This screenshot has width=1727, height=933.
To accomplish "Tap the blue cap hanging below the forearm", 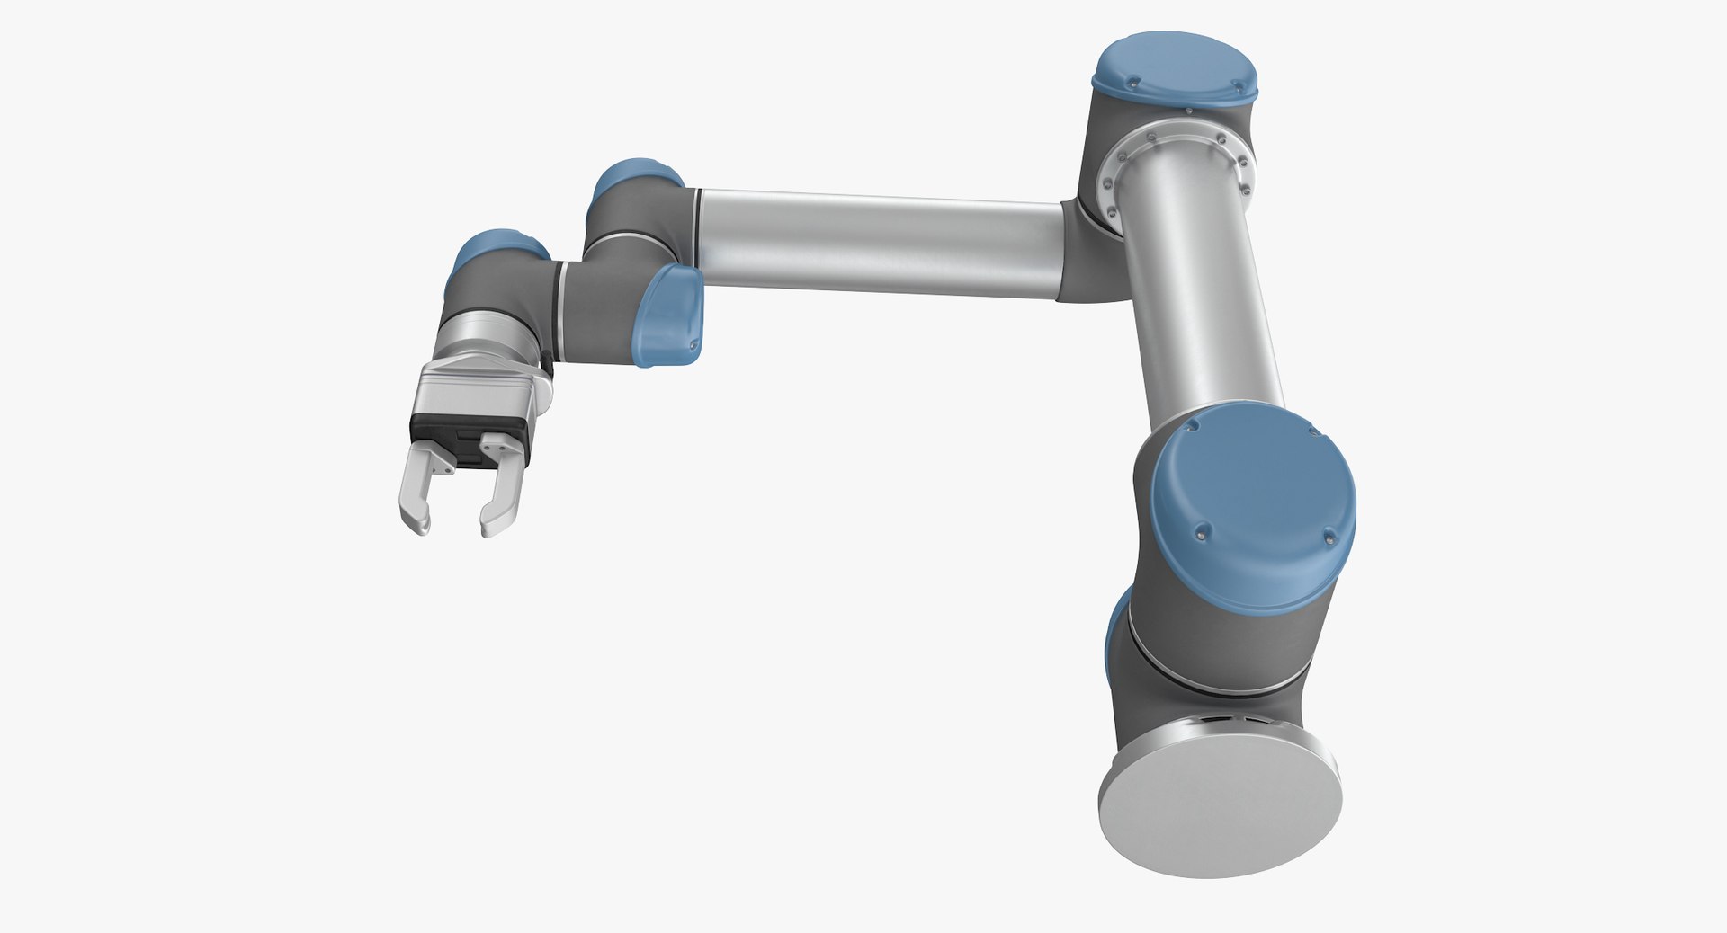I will (670, 315).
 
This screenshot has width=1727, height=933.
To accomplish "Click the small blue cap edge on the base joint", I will (1116, 629).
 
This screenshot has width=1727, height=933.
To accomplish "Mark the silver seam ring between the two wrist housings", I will (561, 306).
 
